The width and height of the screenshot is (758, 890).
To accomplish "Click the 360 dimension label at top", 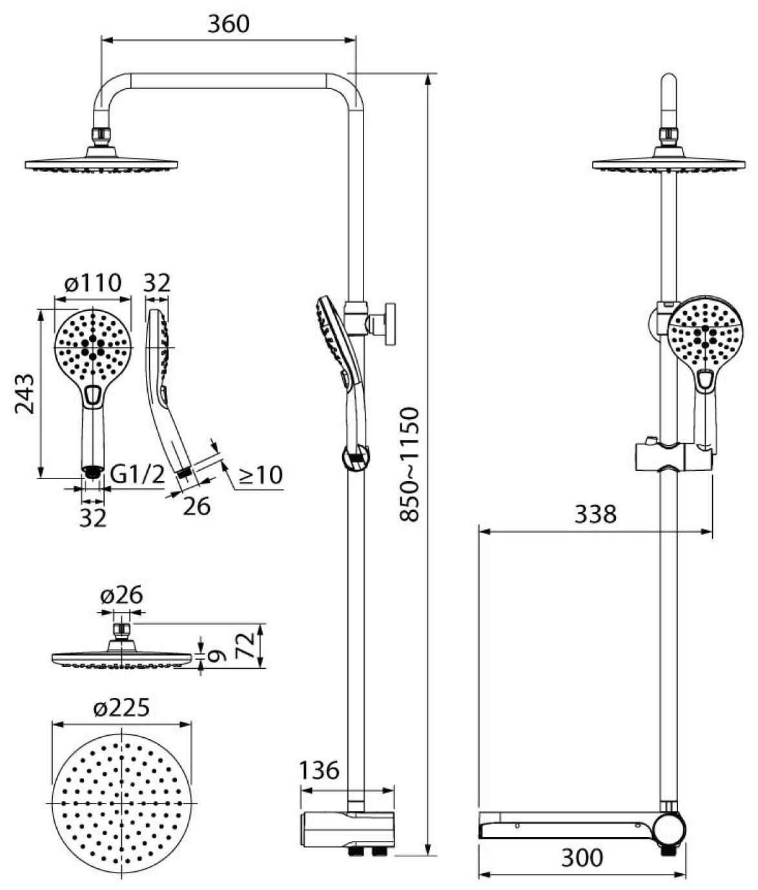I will [228, 24].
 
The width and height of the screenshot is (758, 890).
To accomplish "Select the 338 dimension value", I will [595, 514].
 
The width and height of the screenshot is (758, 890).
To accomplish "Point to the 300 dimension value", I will [581, 857].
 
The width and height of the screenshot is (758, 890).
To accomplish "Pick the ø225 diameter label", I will [121, 707].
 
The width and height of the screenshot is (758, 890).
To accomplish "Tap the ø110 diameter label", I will [93, 282].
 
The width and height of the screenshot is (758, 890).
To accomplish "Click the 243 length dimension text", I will [25, 393].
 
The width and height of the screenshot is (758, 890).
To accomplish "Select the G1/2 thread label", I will [138, 475].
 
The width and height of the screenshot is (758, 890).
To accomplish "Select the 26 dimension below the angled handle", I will [196, 506].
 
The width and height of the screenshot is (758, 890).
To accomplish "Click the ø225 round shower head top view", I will [121, 803].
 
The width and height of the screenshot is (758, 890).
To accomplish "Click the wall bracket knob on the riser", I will [390, 321].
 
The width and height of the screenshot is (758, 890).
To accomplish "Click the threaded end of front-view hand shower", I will [93, 472].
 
